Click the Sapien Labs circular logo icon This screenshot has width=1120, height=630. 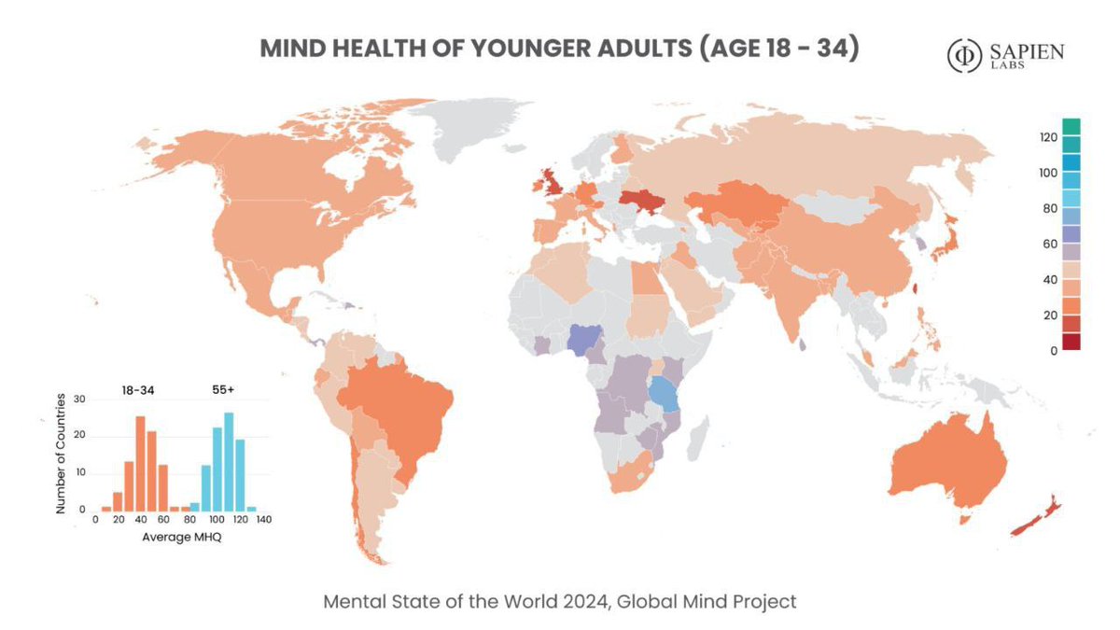click(963, 56)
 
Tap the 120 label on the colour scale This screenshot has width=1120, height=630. click(1046, 137)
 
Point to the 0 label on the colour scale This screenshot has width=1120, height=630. click(1052, 351)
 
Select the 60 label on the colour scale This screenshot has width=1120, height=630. click(1049, 245)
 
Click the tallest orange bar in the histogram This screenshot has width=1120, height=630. click(140, 463)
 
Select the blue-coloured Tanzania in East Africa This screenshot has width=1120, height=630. click(665, 395)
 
